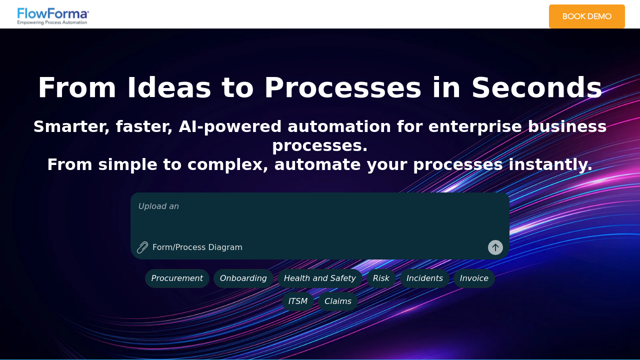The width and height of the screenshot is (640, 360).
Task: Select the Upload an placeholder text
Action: point(158,206)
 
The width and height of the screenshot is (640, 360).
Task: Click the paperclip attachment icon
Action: point(142,247)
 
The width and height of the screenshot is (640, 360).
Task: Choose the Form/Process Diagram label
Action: point(197,247)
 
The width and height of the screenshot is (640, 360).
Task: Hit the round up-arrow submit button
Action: point(495,247)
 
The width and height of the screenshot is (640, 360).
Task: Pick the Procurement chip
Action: point(177,278)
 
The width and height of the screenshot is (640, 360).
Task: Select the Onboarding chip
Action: point(243,278)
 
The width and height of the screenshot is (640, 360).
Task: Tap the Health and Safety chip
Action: point(319,278)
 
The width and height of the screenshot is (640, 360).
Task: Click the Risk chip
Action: point(381,278)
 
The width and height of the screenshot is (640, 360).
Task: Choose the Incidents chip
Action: point(424,278)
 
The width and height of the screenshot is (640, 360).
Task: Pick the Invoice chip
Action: point(474,278)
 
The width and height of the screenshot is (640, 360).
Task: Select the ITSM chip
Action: point(298,301)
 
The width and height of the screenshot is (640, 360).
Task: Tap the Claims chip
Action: point(338,301)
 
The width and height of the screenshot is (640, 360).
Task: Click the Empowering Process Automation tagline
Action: point(53,22)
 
